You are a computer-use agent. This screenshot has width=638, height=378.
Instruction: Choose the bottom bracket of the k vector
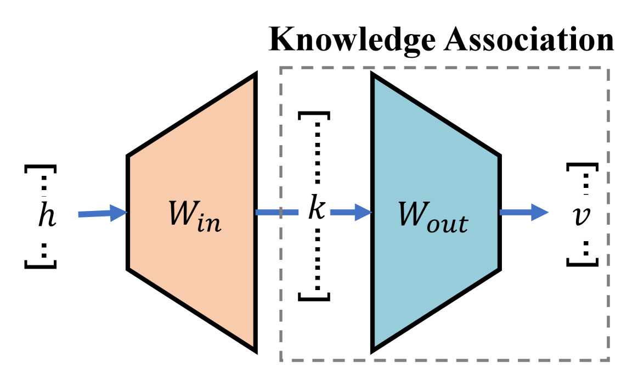[x=314, y=298]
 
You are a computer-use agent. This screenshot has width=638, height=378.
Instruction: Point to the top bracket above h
[x=40, y=166]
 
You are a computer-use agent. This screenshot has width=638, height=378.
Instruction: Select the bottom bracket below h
[x=40, y=265]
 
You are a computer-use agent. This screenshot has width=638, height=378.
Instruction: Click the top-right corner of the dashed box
[x=609, y=68]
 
